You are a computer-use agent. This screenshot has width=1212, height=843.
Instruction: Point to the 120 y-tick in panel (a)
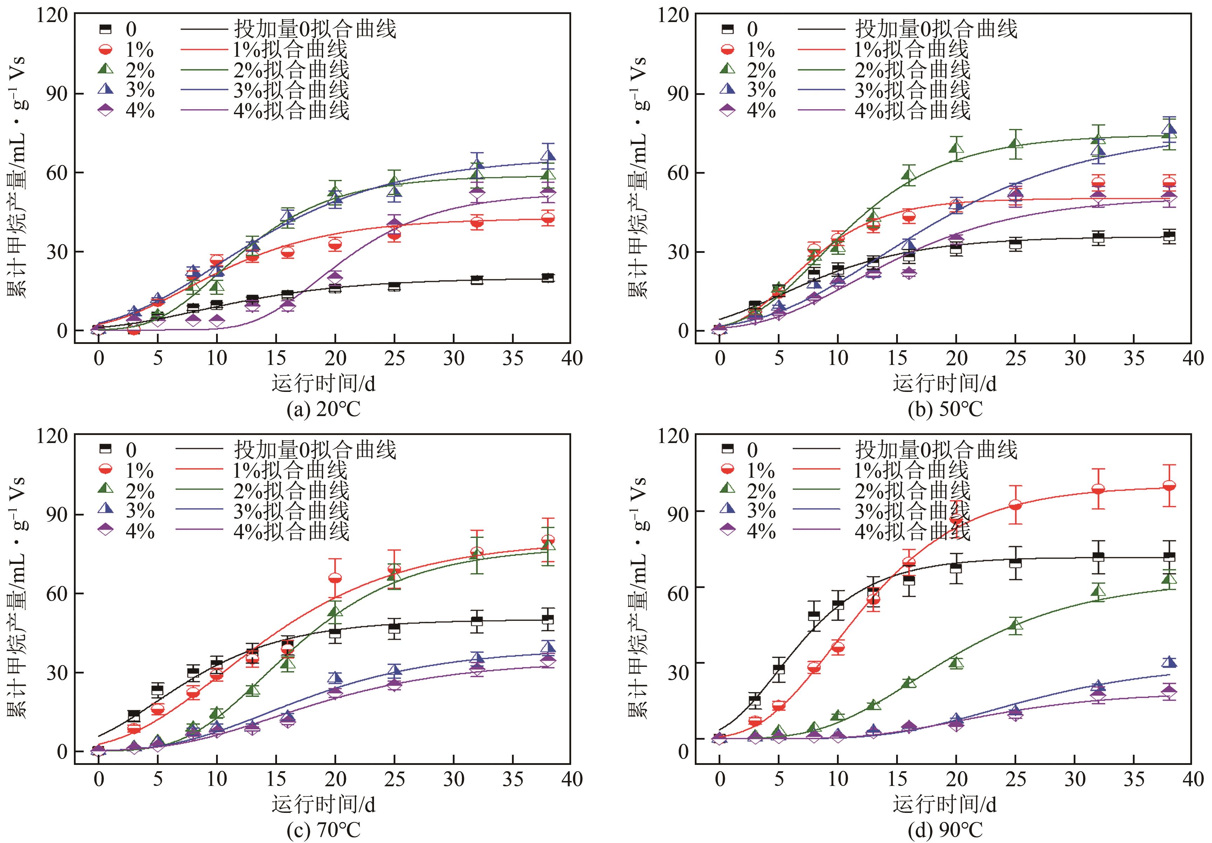tap(52, 15)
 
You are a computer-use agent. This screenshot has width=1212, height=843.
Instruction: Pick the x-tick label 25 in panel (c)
tap(394, 779)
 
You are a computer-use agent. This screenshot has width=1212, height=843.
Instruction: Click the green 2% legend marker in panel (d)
tap(727, 490)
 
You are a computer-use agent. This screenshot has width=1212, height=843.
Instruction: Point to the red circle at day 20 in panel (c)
tap(335, 578)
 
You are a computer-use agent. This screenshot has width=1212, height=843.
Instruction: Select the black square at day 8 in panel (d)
tap(813, 615)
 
